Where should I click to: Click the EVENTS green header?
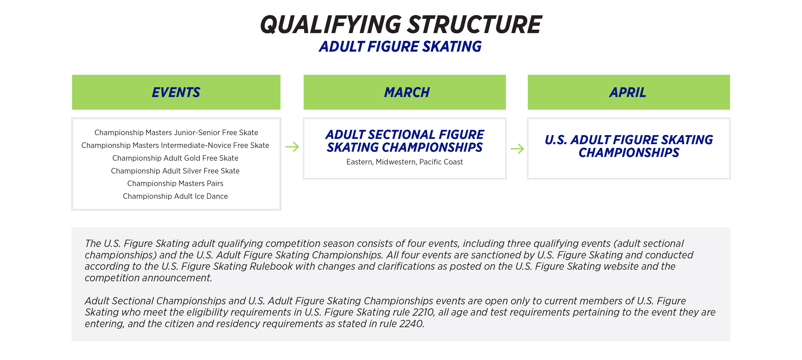[x=176, y=92]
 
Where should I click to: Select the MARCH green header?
[x=405, y=92]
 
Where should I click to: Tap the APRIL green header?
[x=628, y=92]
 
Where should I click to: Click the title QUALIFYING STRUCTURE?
[x=401, y=25]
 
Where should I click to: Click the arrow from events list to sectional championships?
[x=292, y=147]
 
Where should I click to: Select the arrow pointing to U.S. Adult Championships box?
[x=517, y=149]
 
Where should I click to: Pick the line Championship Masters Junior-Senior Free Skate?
[x=176, y=133]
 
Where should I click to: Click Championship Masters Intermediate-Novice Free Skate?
[x=175, y=145]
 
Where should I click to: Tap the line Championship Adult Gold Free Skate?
[x=175, y=158]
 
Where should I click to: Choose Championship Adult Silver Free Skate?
[x=175, y=171]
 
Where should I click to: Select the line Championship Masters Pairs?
[x=175, y=184]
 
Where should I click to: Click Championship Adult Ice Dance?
[x=175, y=196]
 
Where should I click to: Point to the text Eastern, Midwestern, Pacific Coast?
[x=405, y=162]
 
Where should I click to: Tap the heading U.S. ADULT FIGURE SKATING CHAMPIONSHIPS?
[x=628, y=146]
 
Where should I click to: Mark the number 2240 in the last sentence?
[x=411, y=324]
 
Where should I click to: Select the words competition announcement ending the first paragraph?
[x=148, y=278]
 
